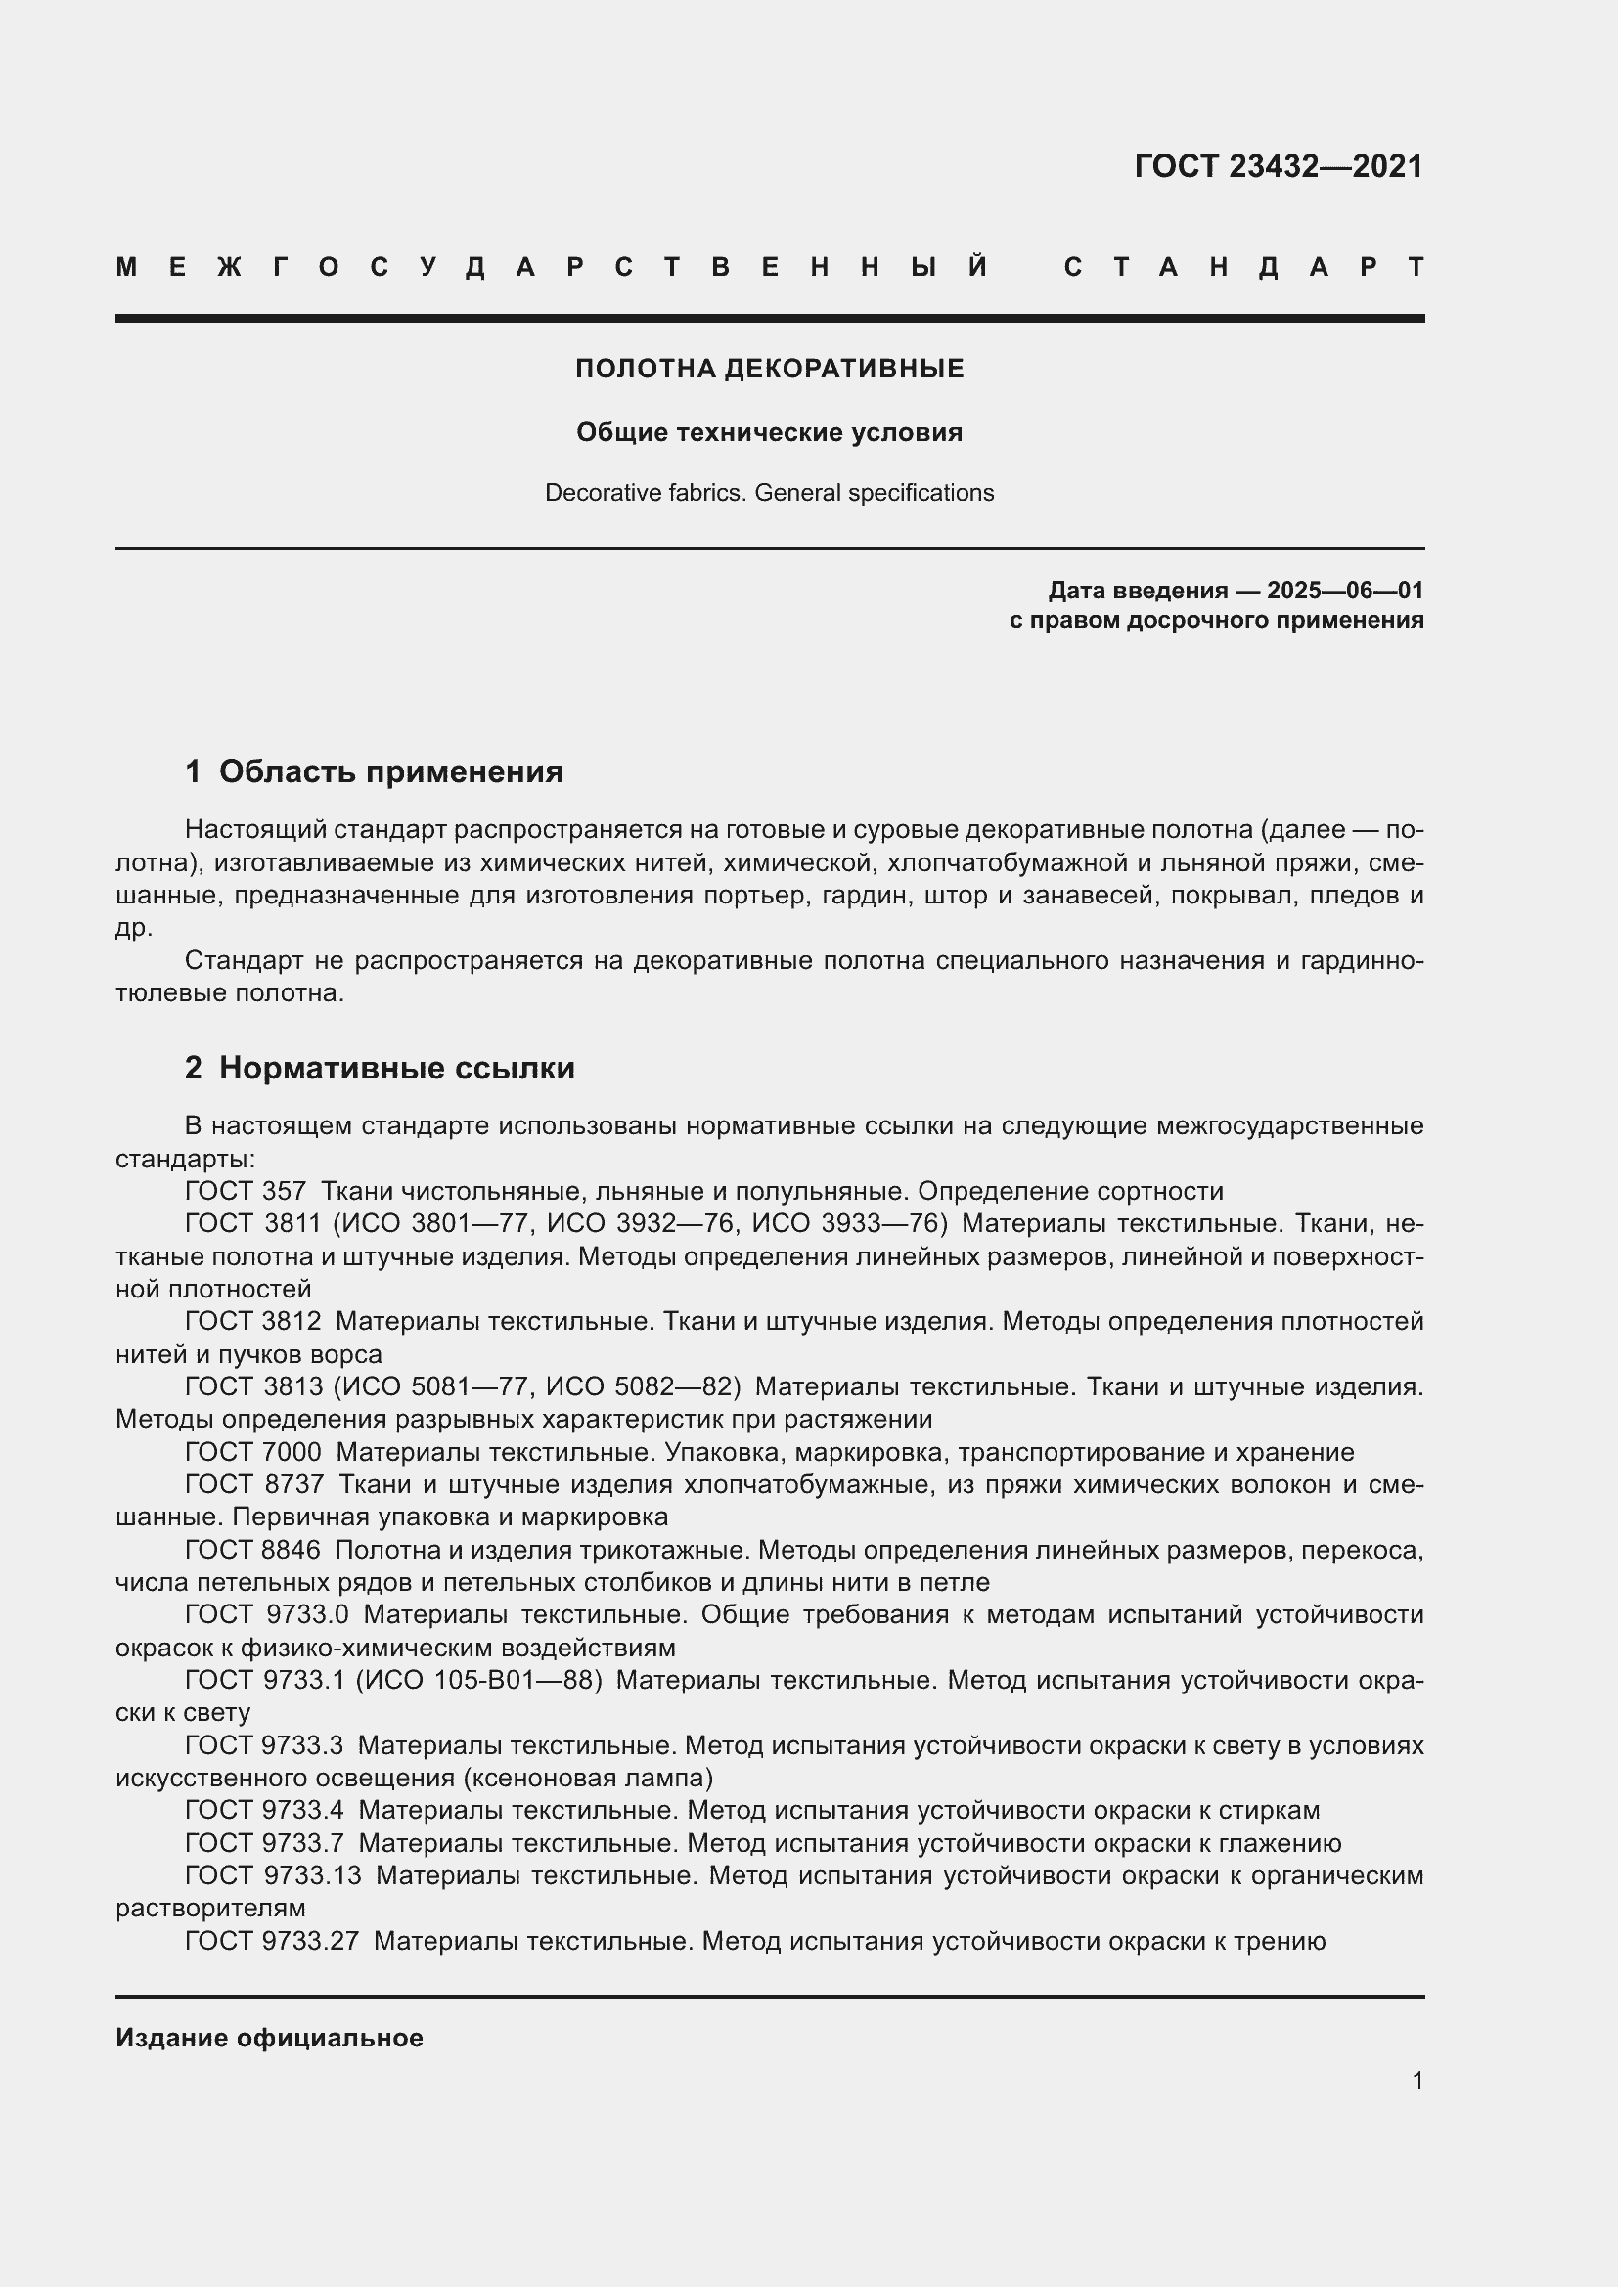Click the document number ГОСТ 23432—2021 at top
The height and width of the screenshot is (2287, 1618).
click(1279, 166)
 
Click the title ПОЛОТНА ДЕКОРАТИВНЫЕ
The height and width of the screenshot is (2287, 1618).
click(769, 369)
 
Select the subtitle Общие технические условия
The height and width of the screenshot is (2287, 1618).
click(769, 432)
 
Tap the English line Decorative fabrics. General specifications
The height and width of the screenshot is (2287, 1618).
click(769, 492)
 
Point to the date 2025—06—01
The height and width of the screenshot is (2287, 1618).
click(1345, 591)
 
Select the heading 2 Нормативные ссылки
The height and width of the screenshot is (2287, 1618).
click(380, 1068)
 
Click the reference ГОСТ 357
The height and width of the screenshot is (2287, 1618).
click(246, 1191)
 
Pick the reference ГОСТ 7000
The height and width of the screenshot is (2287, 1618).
click(253, 1452)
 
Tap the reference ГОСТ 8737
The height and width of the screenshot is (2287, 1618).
click(254, 1484)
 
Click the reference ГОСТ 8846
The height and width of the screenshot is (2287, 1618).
click(253, 1550)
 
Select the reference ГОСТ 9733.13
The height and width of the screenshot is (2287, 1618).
click(273, 1875)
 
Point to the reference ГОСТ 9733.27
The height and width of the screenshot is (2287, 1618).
click(271, 1942)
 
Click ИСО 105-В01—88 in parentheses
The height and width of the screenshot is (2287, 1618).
click(479, 1681)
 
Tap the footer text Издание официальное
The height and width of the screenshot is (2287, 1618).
click(269, 2038)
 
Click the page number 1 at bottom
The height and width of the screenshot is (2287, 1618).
click(1416, 2080)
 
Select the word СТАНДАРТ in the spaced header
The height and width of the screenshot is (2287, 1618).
click(1243, 267)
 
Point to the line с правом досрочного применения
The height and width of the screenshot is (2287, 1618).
click(1216, 621)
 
